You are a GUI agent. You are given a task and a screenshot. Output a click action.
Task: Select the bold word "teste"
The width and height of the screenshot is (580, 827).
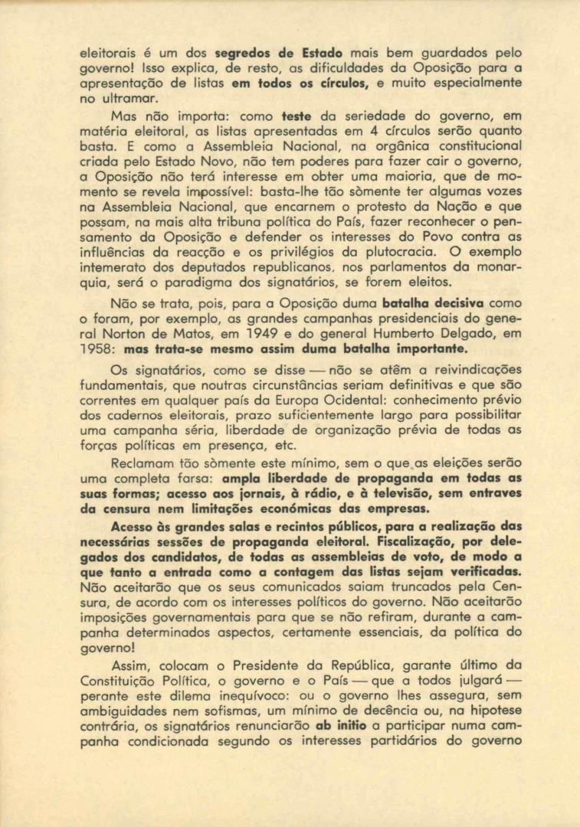[297, 116]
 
